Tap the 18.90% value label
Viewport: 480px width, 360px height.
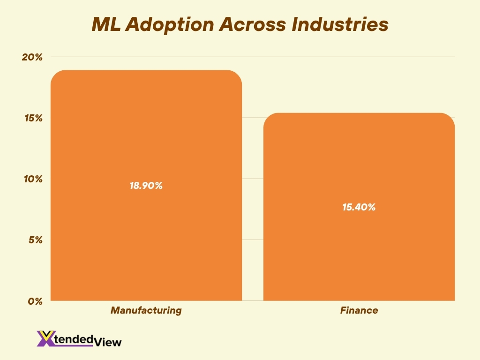tap(146, 186)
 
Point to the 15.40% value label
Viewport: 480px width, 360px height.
tap(359, 207)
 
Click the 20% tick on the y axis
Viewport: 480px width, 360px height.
tap(32, 57)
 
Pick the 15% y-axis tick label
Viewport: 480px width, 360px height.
tap(32, 118)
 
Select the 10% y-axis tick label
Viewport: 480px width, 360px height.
tap(32, 179)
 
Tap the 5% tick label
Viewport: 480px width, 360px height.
tap(35, 240)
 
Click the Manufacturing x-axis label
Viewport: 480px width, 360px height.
tap(146, 310)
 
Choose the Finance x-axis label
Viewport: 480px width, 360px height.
tap(359, 310)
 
